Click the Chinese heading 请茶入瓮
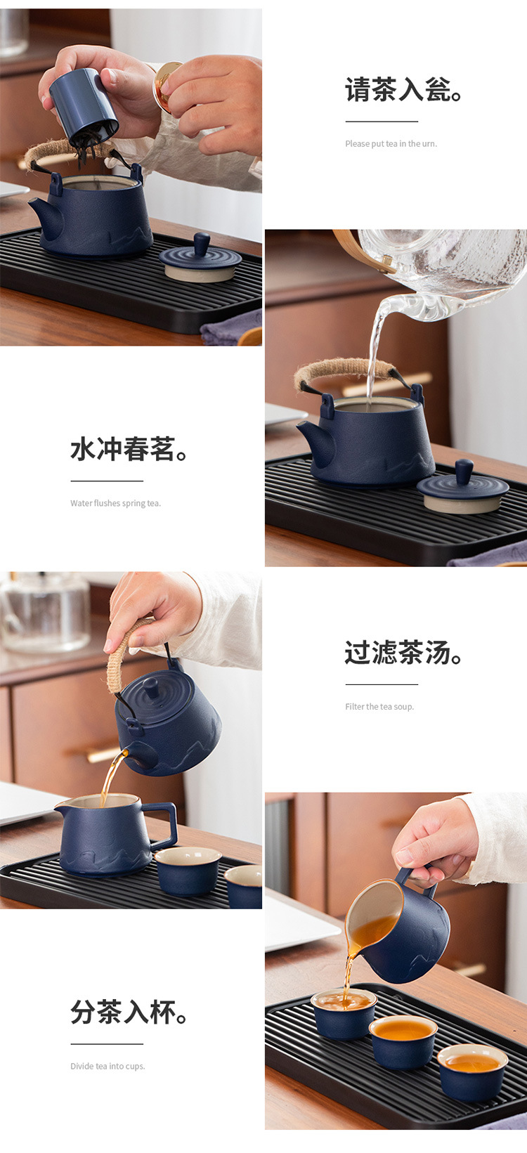(x=403, y=91)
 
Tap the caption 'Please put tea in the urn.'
(x=391, y=144)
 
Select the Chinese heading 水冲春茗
(x=129, y=450)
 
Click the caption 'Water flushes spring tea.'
(x=115, y=504)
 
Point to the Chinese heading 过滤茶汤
(x=403, y=653)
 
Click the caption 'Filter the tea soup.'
(x=379, y=707)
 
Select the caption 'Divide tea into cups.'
(x=108, y=1067)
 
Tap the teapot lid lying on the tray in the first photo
(x=200, y=259)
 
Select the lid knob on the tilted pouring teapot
(x=151, y=686)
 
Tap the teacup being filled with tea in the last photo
(x=344, y=1012)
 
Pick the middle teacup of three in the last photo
(x=403, y=1040)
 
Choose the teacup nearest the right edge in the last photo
(x=472, y=1071)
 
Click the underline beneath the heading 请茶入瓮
(x=372, y=122)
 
